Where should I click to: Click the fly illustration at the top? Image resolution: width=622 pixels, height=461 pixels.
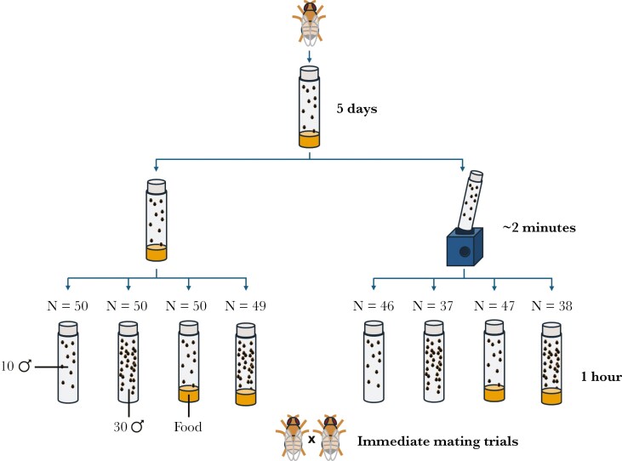click(311, 23)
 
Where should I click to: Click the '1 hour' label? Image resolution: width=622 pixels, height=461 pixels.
click(601, 377)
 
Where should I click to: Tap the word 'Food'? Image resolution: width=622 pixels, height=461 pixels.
click(187, 426)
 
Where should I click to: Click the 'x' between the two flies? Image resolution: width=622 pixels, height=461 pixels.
click(311, 441)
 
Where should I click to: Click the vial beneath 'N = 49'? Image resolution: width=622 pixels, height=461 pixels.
click(246, 363)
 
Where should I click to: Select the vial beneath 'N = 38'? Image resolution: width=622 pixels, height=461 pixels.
click(551, 363)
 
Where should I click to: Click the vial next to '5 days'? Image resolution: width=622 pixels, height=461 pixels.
click(311, 109)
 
